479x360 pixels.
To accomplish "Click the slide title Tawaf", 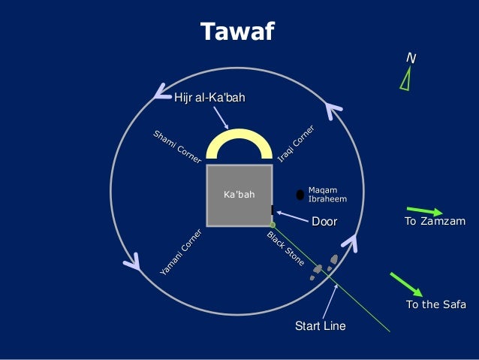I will pyautogui.click(x=238, y=32).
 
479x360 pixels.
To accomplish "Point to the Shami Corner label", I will pyautogui.click(x=177, y=148).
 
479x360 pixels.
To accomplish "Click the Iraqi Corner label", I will pyautogui.click(x=296, y=145).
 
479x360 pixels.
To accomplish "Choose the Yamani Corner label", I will pyautogui.click(x=180, y=251).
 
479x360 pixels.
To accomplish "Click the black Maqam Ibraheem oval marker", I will pyautogui.click(x=300, y=195).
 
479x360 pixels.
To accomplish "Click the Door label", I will pyautogui.click(x=324, y=222).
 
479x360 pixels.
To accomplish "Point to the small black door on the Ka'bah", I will pyautogui.click(x=272, y=210).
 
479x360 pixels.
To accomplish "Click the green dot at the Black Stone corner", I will pyautogui.click(x=273, y=224).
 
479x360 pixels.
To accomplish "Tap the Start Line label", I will pyautogui.click(x=321, y=326).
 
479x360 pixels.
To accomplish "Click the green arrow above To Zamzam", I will pyautogui.click(x=425, y=210).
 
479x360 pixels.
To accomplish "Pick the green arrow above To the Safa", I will pyautogui.click(x=406, y=284).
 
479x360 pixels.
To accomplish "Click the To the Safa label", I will pyautogui.click(x=435, y=304).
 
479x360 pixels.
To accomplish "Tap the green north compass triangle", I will pyautogui.click(x=406, y=79).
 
